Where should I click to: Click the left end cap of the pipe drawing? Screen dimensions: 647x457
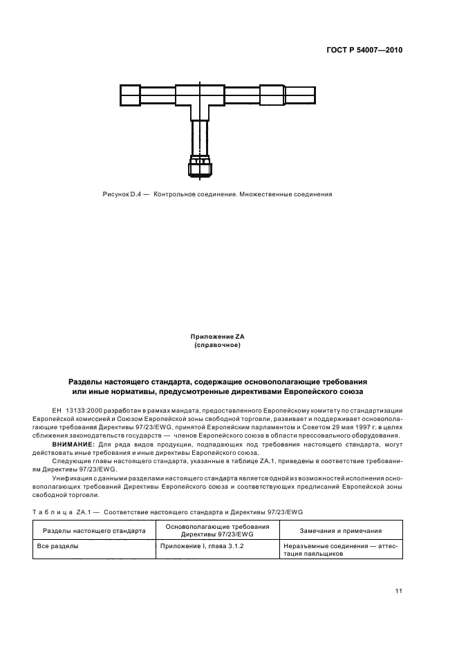tap(129, 95)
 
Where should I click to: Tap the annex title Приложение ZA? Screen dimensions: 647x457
tap(217, 337)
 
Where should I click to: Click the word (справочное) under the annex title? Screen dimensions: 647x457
tap(217, 345)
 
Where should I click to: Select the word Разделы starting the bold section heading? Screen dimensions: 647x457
tap(86, 382)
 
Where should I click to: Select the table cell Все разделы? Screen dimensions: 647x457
tap(55, 545)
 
